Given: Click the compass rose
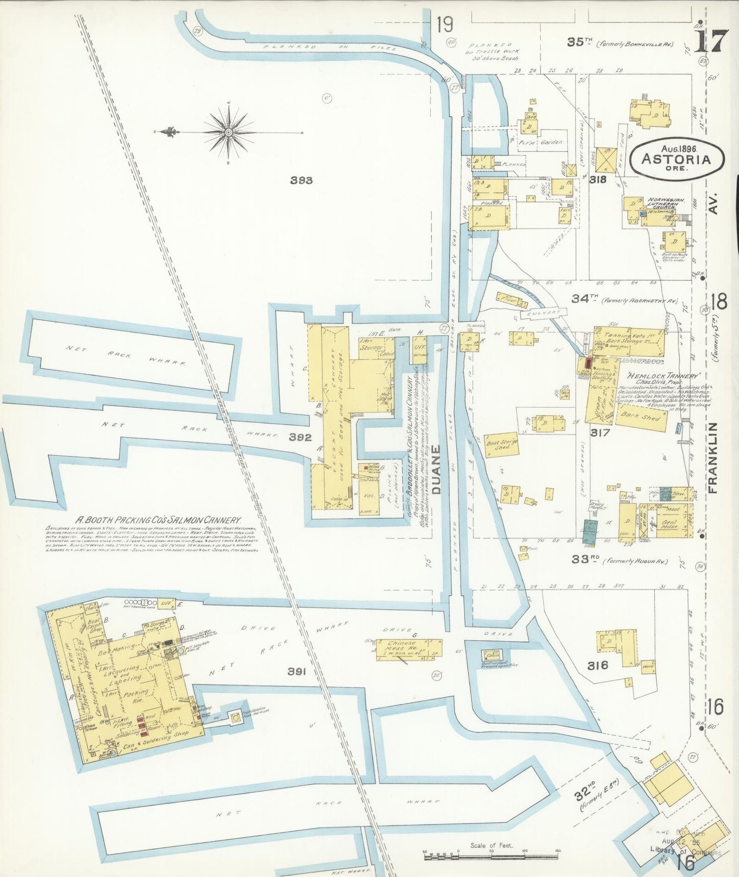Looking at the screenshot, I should (229, 132).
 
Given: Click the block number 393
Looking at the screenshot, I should (301, 180).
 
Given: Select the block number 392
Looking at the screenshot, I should (300, 437).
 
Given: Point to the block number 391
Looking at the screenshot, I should (297, 672).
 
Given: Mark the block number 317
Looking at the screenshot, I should (599, 433).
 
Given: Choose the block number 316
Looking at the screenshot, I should (597, 665).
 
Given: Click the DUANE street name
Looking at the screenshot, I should (436, 469).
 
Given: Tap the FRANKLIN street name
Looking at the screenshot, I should (713, 458).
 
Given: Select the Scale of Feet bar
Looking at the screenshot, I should (491, 852).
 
